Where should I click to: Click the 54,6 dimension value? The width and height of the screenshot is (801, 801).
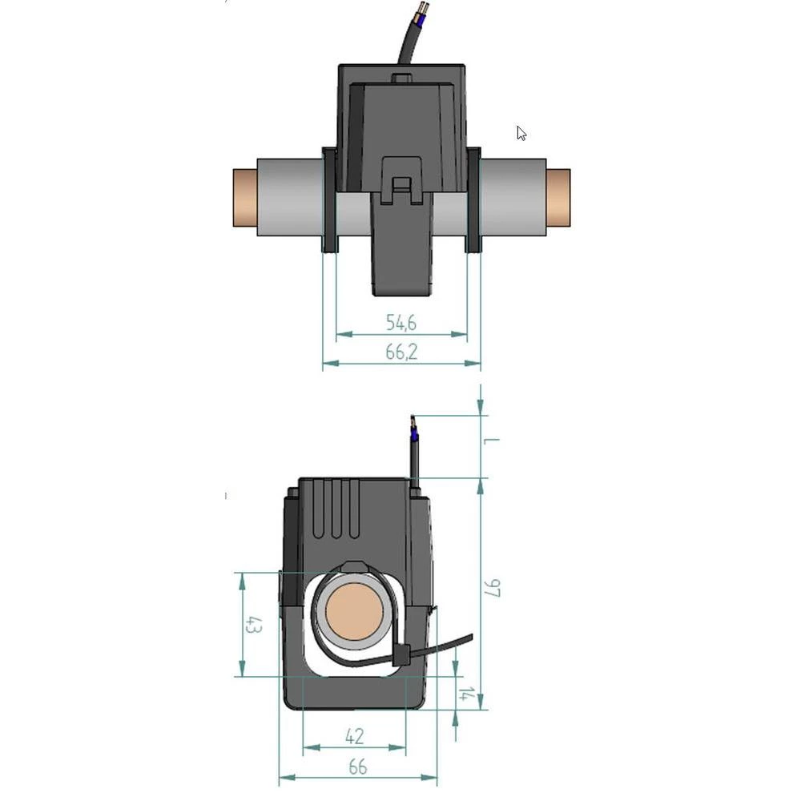[401, 323]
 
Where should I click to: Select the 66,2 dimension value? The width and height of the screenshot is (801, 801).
[401, 352]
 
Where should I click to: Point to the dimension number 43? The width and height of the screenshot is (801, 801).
[253, 625]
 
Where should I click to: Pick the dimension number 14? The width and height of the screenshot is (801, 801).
[464, 694]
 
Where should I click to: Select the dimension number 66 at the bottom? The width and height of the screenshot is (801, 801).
[357, 767]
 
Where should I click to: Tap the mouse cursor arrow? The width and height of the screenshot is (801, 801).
[521, 133]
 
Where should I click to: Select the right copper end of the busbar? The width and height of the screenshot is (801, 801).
[558, 198]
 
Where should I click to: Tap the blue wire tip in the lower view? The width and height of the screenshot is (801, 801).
[414, 435]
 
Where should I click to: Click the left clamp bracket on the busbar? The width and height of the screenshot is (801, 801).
[329, 199]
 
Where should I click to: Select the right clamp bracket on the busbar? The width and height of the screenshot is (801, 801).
[473, 199]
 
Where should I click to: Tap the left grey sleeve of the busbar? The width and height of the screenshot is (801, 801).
[288, 198]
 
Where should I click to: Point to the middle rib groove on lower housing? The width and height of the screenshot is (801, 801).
[338, 509]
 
